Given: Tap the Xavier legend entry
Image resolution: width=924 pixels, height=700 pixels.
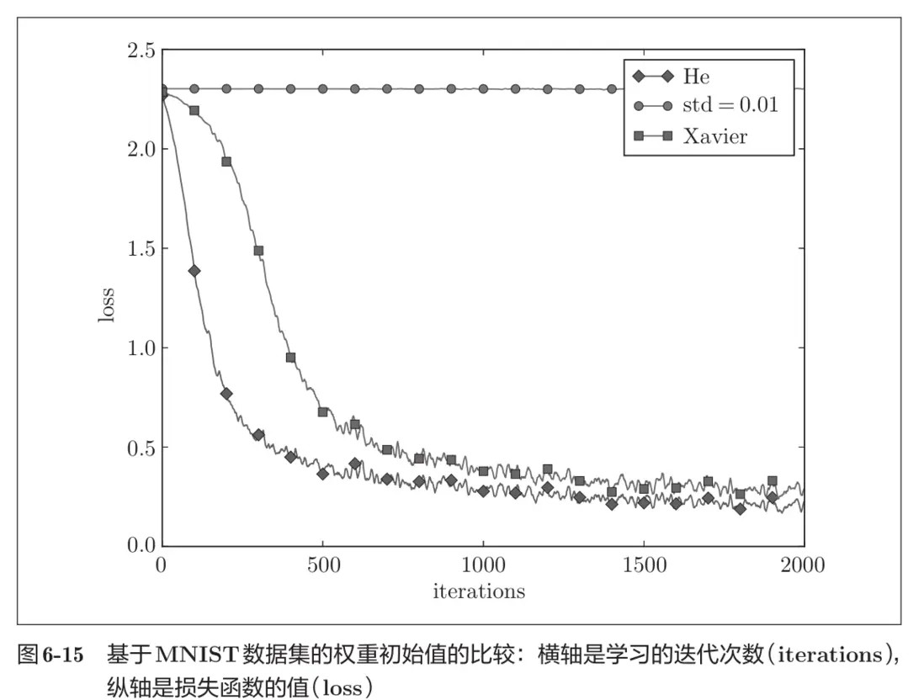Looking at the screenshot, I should pyautogui.click(x=714, y=136).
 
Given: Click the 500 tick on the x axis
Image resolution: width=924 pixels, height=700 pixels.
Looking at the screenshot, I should pyautogui.click(x=322, y=565).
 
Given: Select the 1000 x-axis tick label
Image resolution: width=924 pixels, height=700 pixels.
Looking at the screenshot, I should pyautogui.click(x=483, y=565).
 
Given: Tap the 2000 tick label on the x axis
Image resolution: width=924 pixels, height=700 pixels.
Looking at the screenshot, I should pyautogui.click(x=804, y=565).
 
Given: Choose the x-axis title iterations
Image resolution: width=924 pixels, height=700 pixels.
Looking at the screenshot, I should pyautogui.click(x=479, y=591).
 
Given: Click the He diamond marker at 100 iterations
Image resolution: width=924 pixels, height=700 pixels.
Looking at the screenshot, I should pyautogui.click(x=194, y=271).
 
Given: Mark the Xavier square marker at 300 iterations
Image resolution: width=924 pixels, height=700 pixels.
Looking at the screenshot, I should pyautogui.click(x=258, y=251).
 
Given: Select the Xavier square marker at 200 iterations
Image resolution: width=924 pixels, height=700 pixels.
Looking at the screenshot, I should pyautogui.click(x=226, y=162).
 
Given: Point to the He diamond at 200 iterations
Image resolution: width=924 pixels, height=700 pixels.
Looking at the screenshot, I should pyautogui.click(x=226, y=393).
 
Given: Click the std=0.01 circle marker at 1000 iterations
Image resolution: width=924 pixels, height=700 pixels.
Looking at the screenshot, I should pyautogui.click(x=483, y=88).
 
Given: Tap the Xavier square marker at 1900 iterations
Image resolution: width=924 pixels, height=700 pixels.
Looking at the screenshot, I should pyautogui.click(x=772, y=481).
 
